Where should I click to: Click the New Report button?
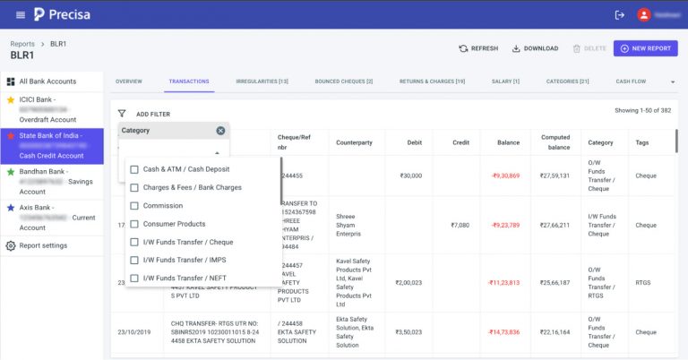(x=645, y=48)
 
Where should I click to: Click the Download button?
(x=535, y=48)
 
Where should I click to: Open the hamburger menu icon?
(x=20, y=14)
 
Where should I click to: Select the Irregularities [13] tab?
(x=262, y=81)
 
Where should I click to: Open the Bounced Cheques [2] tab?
(x=343, y=81)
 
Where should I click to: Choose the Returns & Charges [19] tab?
(x=432, y=81)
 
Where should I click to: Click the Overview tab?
(x=129, y=81)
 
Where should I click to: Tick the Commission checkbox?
(x=134, y=206)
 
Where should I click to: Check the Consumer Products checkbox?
(x=134, y=224)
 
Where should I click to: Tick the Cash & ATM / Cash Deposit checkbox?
(x=134, y=169)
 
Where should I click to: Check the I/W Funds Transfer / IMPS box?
(x=134, y=260)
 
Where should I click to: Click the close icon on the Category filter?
(x=220, y=131)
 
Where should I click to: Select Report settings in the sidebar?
(x=43, y=245)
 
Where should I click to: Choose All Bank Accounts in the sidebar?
(x=47, y=81)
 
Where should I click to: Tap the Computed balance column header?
(x=555, y=142)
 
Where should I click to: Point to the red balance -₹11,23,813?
(x=504, y=282)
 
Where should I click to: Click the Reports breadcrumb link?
(x=22, y=43)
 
